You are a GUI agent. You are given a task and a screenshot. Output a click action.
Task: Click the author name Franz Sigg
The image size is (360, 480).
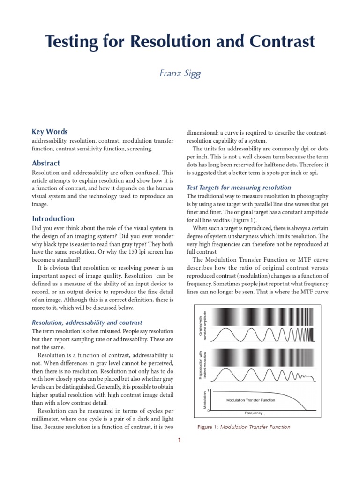(x=180, y=74)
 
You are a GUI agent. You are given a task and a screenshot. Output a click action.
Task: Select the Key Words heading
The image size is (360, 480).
(x=50, y=132)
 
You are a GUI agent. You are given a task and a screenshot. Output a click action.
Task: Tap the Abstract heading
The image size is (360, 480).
(x=46, y=163)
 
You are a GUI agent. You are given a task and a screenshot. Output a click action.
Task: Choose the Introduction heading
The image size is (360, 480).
(x=53, y=218)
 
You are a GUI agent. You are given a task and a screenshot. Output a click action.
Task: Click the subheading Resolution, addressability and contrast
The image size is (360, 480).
(x=87, y=322)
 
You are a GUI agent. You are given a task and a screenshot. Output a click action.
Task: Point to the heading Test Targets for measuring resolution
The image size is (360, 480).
(x=239, y=187)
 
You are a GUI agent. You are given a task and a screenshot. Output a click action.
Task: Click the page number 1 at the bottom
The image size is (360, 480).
(x=180, y=440)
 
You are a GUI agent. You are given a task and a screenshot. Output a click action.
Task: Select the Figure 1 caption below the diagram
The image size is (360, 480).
(x=244, y=427)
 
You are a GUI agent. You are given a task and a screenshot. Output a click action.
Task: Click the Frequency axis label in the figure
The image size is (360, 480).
(x=254, y=413)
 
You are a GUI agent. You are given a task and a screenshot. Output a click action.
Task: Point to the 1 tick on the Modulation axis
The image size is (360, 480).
(x=208, y=390)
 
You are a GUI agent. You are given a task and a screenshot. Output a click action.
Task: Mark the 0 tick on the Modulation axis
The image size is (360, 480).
(x=208, y=410)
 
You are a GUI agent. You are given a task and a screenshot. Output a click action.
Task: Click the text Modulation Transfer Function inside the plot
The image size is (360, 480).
(x=250, y=400)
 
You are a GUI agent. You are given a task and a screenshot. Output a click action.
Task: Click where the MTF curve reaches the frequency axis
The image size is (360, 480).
(x=306, y=410)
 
